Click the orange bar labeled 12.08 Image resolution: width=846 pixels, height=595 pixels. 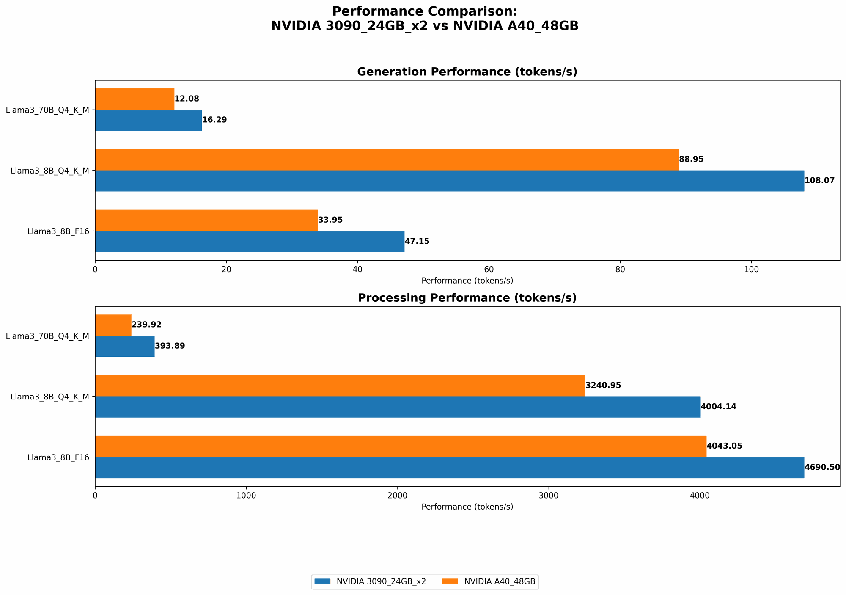point(135,99)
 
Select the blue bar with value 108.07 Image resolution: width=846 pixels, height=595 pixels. point(449,181)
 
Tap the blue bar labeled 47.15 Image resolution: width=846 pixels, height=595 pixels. point(250,241)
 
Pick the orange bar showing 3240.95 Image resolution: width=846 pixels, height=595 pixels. point(340,386)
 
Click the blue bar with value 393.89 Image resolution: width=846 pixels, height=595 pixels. point(125,346)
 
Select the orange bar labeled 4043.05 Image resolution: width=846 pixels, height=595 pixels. point(401,446)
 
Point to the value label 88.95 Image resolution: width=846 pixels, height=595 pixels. point(691,160)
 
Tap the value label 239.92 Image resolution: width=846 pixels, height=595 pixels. point(146,325)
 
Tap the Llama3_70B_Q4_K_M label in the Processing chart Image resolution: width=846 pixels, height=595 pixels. point(48,336)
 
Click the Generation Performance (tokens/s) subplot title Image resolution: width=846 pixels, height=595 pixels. point(467,72)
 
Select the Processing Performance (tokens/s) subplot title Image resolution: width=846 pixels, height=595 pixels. point(467,298)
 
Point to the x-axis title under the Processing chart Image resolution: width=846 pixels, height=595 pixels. point(467,507)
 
